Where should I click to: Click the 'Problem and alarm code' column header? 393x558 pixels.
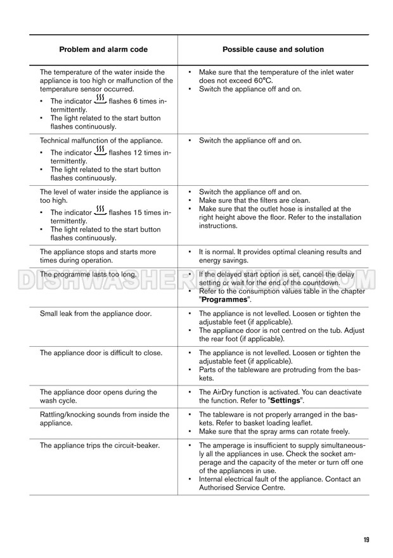[103, 49]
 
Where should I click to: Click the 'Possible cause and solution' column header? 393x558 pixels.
[273, 49]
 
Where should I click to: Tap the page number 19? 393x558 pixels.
[366, 540]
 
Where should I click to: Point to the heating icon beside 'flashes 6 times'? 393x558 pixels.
[100, 100]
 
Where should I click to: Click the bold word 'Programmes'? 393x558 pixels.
[225, 299]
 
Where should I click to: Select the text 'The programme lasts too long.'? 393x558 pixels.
[88, 274]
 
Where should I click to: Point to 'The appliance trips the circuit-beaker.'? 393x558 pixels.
[100, 445]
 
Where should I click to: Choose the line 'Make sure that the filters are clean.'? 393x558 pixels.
[254, 200]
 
